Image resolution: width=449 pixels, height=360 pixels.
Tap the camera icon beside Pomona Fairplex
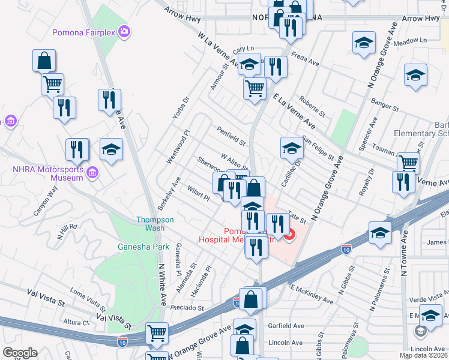pos(124,31)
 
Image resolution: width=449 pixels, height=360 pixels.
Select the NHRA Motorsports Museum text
pos(48,173)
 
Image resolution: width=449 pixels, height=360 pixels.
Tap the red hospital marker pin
pos(289,235)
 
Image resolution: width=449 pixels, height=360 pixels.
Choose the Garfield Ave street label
pos(289,326)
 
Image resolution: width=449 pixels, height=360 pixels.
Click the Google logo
pos(20,353)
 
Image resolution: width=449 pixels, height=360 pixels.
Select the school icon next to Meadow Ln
pos(363,43)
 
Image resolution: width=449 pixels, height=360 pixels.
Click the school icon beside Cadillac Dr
pos(292,147)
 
